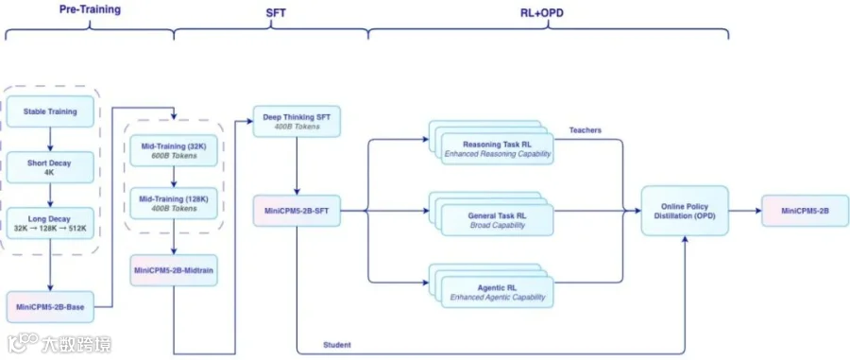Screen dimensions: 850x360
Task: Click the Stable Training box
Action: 50,111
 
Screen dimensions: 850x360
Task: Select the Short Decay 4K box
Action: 50,167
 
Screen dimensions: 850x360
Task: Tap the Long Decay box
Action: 50,223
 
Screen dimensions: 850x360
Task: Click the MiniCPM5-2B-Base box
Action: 50,307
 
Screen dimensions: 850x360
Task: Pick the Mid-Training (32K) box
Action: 174,150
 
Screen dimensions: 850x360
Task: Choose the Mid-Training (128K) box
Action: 174,203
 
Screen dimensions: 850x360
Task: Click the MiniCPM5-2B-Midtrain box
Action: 174,270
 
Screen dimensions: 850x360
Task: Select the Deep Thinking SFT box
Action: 297,121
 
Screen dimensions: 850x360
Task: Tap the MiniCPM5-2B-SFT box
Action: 297,211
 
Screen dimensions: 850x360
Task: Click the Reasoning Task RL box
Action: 497,148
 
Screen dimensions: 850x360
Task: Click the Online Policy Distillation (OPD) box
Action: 685,211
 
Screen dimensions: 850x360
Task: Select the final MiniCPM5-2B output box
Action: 805,211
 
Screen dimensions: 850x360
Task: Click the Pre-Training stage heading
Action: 90,9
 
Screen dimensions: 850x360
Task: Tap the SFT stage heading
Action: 276,12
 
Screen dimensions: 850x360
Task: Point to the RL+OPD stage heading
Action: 537,12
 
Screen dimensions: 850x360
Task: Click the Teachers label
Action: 585,130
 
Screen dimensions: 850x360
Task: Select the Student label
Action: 336,345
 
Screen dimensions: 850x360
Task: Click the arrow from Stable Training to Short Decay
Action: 50,140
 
